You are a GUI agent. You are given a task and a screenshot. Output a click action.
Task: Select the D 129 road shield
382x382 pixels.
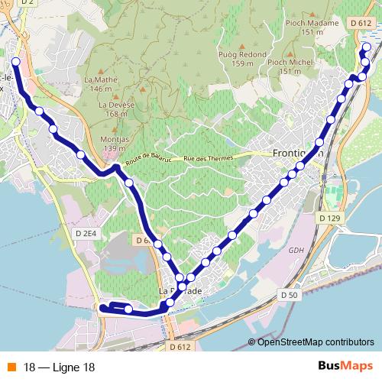click(x=328, y=219)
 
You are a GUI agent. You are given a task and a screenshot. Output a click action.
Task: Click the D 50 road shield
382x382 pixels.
click(x=289, y=294)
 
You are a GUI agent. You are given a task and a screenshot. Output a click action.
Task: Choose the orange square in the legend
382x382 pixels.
click(x=11, y=367)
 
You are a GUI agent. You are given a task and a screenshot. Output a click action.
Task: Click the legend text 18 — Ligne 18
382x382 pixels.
click(x=59, y=367)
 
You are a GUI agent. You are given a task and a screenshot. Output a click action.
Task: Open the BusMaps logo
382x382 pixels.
click(x=345, y=366)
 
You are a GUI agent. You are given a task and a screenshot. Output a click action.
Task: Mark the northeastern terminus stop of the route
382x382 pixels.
click(x=367, y=47)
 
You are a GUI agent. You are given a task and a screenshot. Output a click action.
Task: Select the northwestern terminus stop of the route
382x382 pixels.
click(x=15, y=61)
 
